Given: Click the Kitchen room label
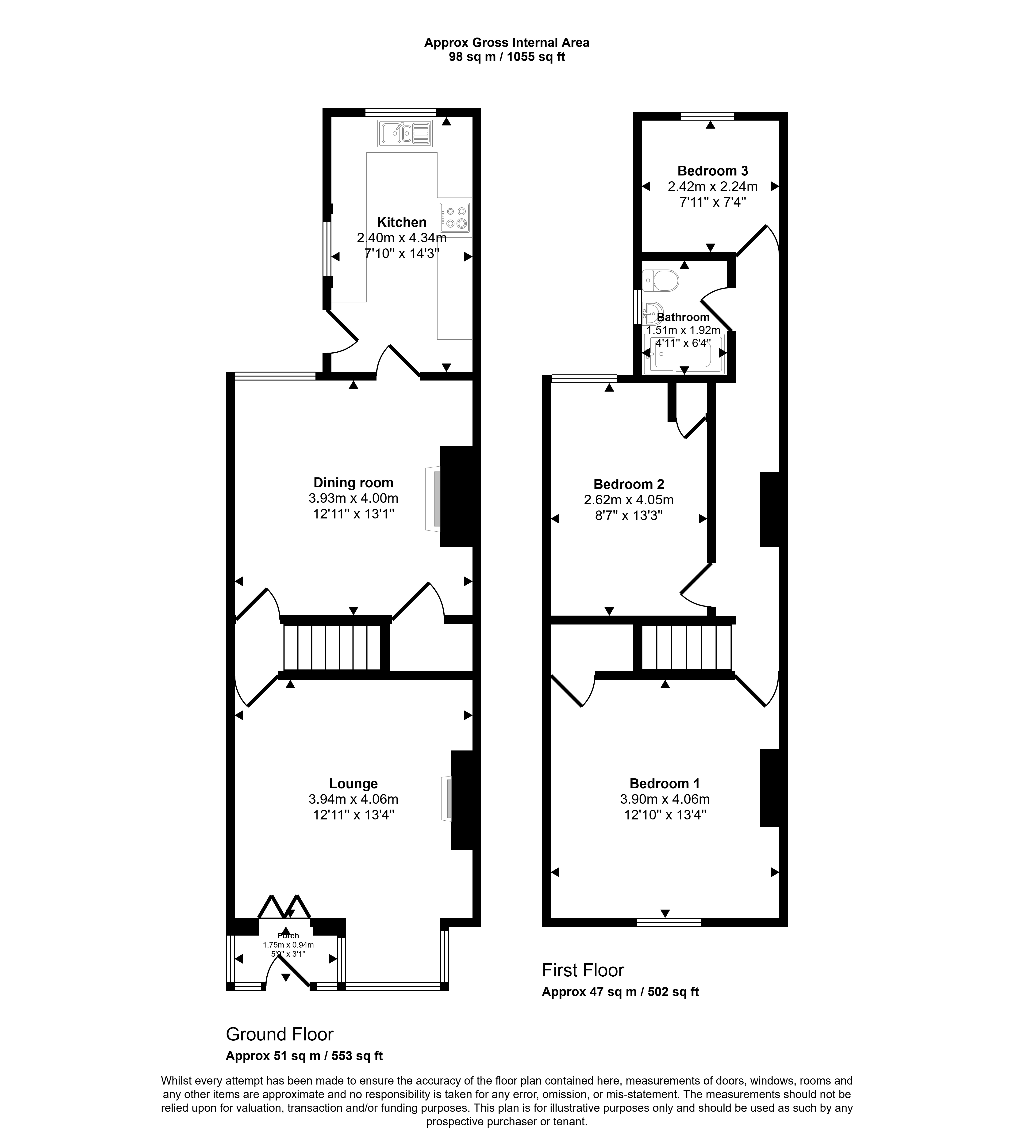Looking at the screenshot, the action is (x=402, y=222).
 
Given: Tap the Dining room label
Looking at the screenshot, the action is (x=353, y=482).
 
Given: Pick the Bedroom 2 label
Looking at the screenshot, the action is (x=629, y=484).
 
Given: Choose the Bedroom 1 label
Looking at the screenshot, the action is (x=664, y=783).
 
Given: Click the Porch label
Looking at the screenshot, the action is (x=288, y=935).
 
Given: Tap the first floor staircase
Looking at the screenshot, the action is (x=687, y=647).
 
